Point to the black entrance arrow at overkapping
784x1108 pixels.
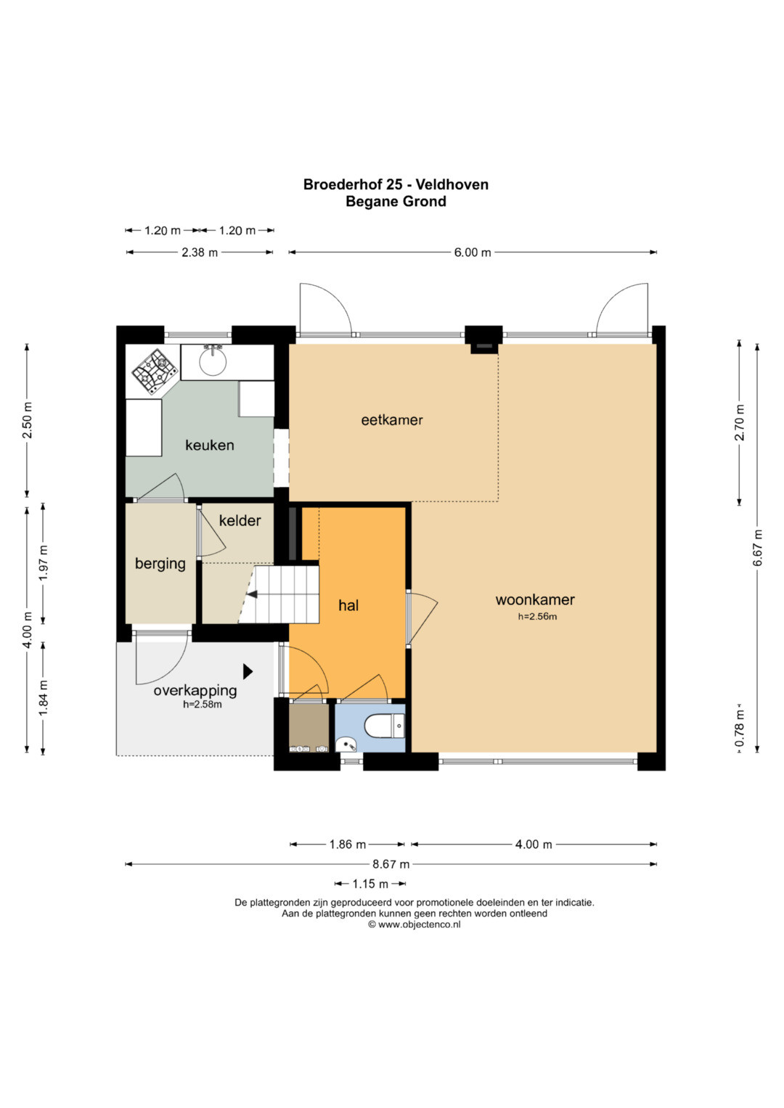tap(248, 671)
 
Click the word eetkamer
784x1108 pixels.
tap(392, 420)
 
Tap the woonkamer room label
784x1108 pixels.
tap(535, 599)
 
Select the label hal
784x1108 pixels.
tap(348, 605)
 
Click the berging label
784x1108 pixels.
tap(160, 564)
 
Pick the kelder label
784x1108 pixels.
tap(240, 520)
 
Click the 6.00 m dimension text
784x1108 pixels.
tap(473, 253)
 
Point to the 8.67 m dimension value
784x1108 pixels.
tap(391, 864)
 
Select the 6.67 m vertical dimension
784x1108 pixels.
tap(758, 548)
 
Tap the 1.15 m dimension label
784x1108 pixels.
tap(370, 884)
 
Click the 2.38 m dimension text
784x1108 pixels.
tap(200, 253)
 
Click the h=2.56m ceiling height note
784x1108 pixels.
tap(537, 617)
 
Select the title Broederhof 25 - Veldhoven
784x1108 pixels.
tap(396, 184)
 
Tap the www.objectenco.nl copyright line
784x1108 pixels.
tap(415, 924)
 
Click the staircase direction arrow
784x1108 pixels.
tap(253, 594)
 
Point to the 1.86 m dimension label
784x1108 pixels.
tap(348, 845)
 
